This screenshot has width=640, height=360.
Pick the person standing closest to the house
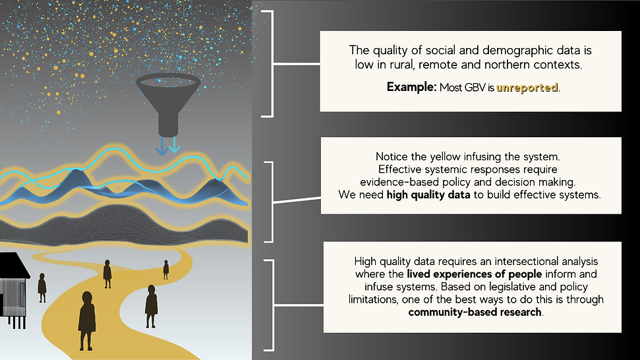point(42,288)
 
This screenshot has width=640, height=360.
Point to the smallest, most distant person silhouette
point(165,269)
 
